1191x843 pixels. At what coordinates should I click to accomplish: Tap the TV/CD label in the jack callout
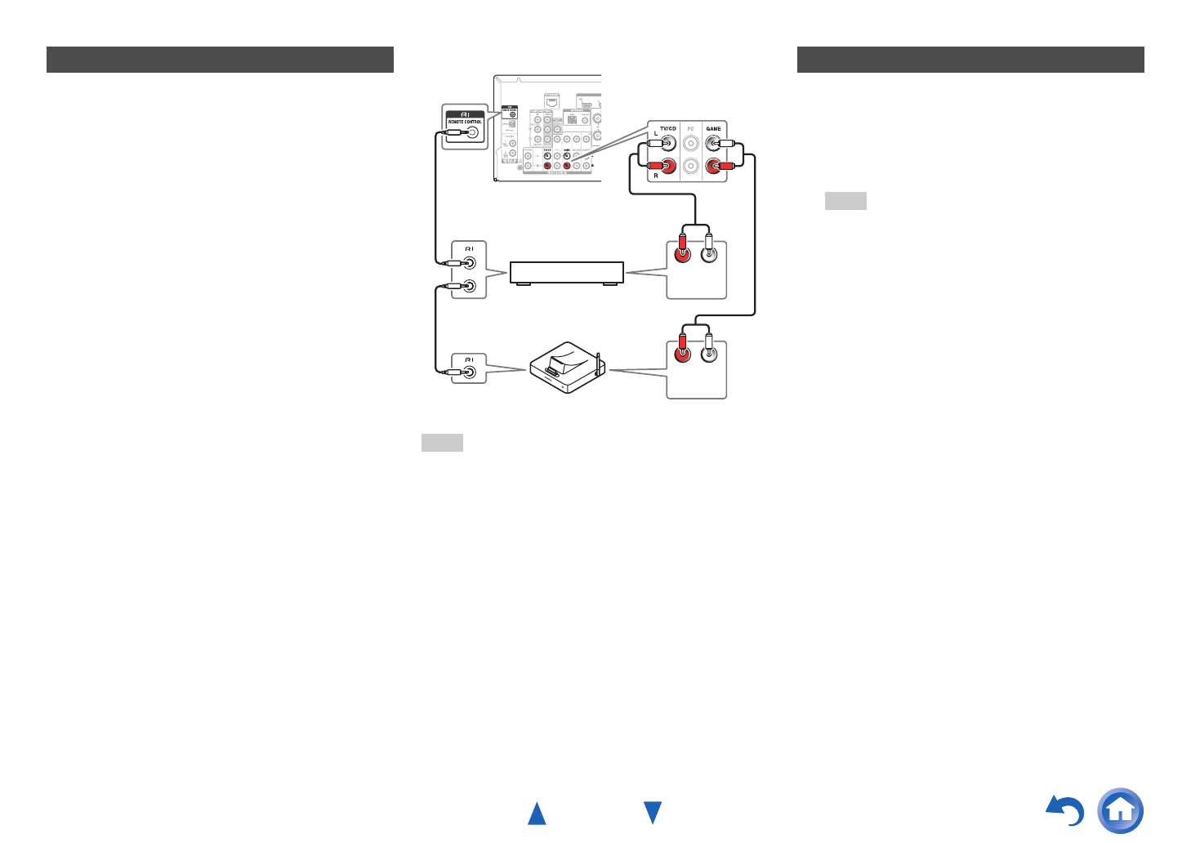click(x=668, y=129)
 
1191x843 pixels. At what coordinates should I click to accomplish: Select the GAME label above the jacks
click(x=714, y=129)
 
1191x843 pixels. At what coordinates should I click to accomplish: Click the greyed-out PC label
click(x=691, y=129)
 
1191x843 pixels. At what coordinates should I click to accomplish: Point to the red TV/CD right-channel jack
click(x=669, y=167)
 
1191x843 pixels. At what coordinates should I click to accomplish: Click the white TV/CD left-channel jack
click(x=669, y=144)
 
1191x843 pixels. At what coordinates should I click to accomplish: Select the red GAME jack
click(x=713, y=167)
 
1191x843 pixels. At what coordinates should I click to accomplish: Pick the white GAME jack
click(x=713, y=144)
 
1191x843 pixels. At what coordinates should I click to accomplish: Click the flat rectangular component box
click(x=566, y=272)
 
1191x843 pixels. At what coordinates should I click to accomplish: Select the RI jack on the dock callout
click(x=470, y=372)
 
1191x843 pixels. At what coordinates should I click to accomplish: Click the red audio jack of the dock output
click(x=681, y=355)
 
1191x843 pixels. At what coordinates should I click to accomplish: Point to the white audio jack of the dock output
click(x=709, y=355)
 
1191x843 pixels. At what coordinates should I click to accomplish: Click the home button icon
click(x=1121, y=810)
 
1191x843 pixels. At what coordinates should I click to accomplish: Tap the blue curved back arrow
click(x=1066, y=810)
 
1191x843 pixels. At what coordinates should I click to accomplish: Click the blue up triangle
click(x=537, y=814)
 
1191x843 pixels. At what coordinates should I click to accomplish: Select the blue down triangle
click(x=653, y=813)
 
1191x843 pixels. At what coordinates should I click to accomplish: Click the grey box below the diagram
click(x=442, y=443)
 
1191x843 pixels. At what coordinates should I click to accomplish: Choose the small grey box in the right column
click(x=845, y=201)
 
